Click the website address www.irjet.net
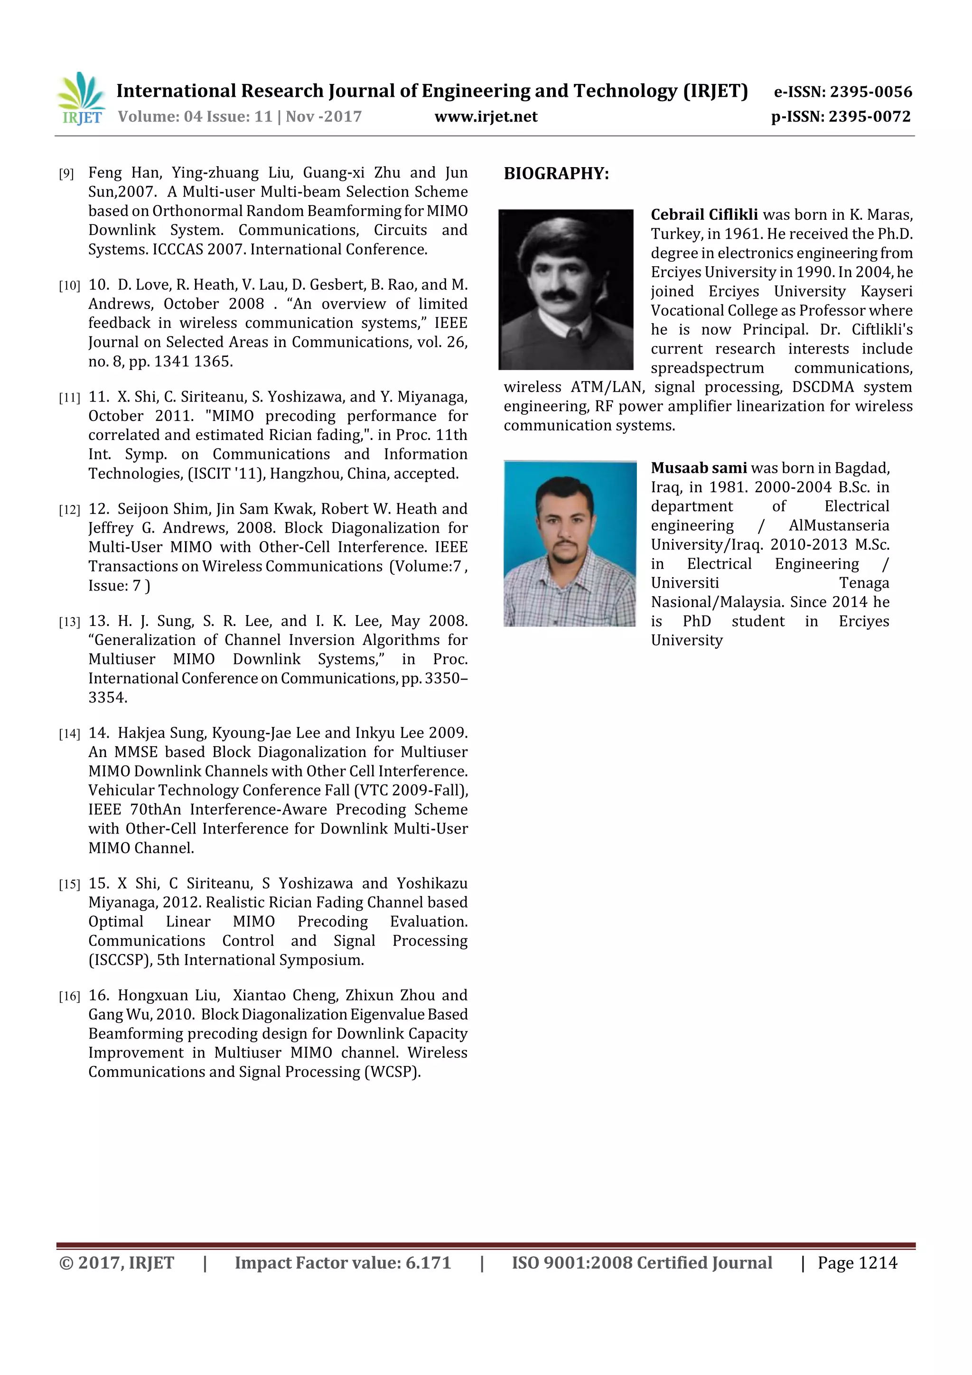point(486,117)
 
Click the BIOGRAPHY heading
point(556,174)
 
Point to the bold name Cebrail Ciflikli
point(704,215)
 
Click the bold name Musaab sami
point(698,468)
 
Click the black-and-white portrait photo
point(565,289)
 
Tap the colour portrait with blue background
point(570,543)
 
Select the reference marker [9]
point(66,174)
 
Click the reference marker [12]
point(69,510)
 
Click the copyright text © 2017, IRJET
point(117,1263)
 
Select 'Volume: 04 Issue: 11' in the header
point(195,117)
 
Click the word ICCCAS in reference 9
point(178,250)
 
